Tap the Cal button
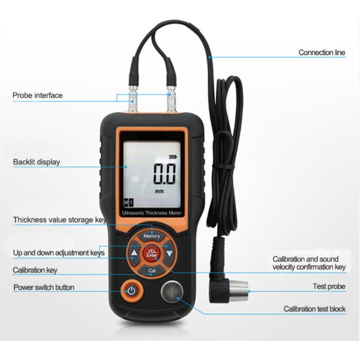pyautogui.click(x=152, y=271)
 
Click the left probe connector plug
pyautogui.click(x=134, y=101)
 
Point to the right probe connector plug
pyautogui.click(x=170, y=101)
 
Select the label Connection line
pyautogui.click(x=322, y=53)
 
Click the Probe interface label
pyautogui.click(x=37, y=95)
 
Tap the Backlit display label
pyautogui.click(x=37, y=162)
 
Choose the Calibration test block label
pyautogui.click(x=314, y=309)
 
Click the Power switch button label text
pyautogui.click(x=44, y=287)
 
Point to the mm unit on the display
pyautogui.click(x=159, y=191)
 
